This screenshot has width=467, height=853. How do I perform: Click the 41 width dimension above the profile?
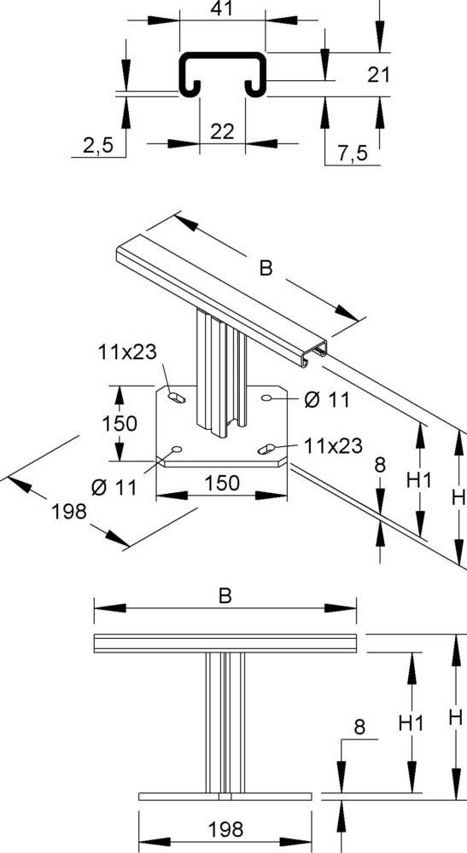click(x=222, y=8)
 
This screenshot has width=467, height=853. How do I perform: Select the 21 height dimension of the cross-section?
click(x=379, y=75)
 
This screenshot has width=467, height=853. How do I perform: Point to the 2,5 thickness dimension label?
click(x=98, y=146)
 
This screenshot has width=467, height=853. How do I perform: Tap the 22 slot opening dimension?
click(x=222, y=131)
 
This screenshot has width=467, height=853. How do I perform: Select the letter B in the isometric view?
click(x=266, y=269)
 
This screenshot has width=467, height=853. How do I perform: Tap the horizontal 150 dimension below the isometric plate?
click(x=222, y=484)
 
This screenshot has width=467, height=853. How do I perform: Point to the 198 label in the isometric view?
click(x=69, y=511)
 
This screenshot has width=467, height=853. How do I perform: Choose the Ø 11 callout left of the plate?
click(x=114, y=487)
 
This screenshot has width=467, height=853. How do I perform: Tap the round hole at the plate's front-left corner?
click(x=177, y=450)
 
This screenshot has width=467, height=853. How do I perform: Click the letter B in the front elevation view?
click(x=225, y=597)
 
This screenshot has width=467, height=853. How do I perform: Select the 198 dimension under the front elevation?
click(x=225, y=828)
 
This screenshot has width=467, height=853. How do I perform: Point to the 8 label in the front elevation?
click(x=359, y=727)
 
